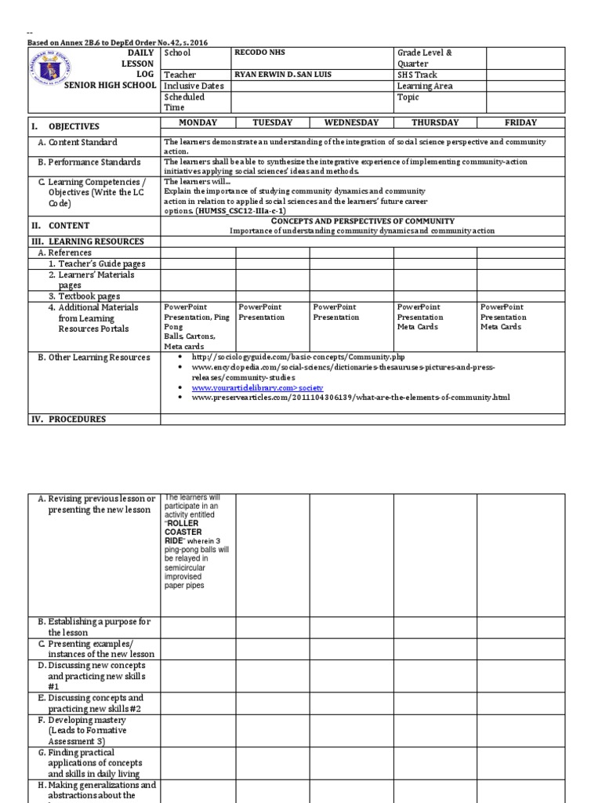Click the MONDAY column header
198,122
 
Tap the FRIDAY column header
520,122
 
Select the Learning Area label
425,86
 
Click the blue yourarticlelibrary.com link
256,388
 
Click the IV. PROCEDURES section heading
62,419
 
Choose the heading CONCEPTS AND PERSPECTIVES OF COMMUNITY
362,222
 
